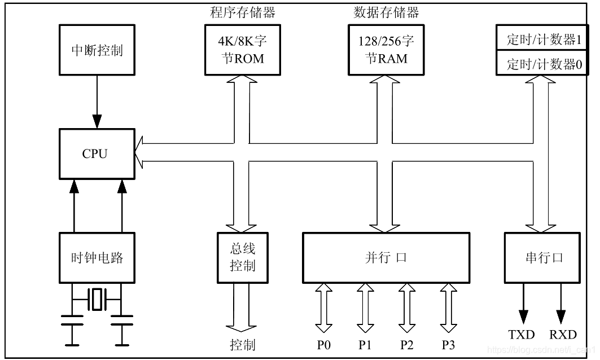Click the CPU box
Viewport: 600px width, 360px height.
point(97,153)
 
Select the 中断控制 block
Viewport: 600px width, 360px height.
point(97,50)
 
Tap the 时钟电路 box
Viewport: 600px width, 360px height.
point(97,258)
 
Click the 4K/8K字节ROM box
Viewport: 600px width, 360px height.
point(242,50)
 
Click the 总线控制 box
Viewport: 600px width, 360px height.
point(242,258)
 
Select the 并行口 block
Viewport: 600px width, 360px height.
point(386,258)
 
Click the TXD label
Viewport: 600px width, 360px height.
point(521,335)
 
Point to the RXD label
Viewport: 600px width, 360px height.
point(563,335)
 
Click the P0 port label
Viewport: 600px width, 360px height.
point(323,344)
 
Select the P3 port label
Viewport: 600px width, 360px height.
point(449,344)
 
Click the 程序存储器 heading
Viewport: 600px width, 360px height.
point(243,12)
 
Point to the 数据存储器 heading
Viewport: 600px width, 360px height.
point(386,12)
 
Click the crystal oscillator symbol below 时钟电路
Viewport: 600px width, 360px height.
point(98,299)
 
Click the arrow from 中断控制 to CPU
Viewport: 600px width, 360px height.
point(97,102)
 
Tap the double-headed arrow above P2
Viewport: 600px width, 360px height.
point(406,308)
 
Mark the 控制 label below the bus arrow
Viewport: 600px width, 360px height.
point(242,344)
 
